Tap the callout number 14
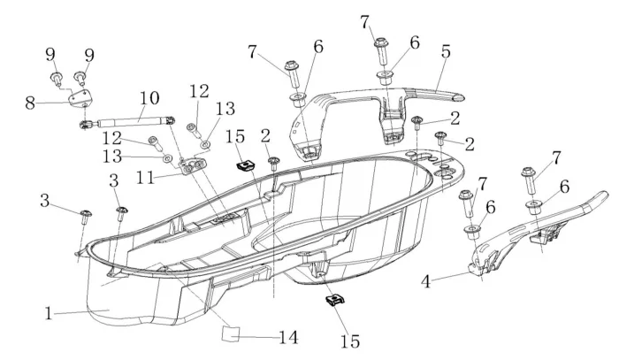point(287,337)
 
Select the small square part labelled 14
point(232,332)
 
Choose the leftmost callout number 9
point(50,54)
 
